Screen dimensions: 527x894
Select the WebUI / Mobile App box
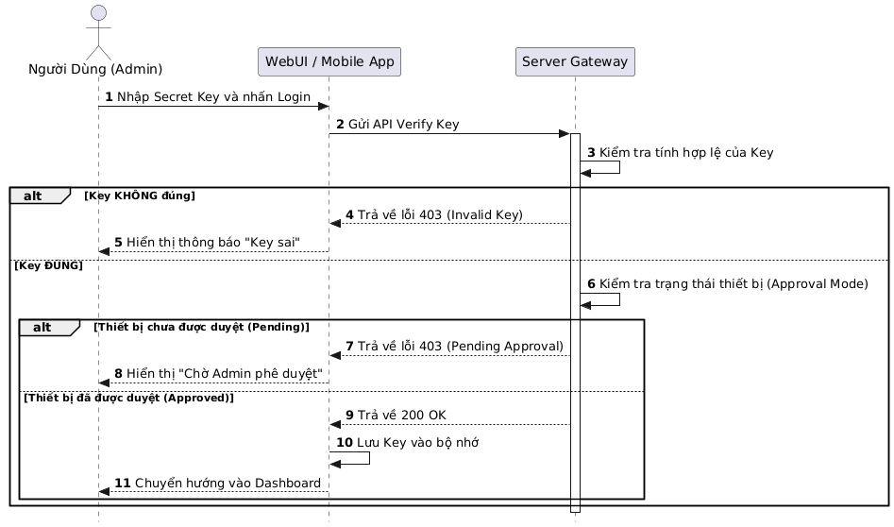click(x=329, y=61)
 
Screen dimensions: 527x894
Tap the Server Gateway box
click(x=575, y=61)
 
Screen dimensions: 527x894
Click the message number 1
click(x=109, y=98)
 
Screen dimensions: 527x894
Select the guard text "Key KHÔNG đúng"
click(x=140, y=195)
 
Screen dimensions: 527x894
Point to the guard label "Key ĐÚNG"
click(x=48, y=265)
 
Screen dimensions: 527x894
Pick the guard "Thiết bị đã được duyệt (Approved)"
click(x=128, y=398)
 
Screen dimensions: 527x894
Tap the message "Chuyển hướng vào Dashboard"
click(x=227, y=484)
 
